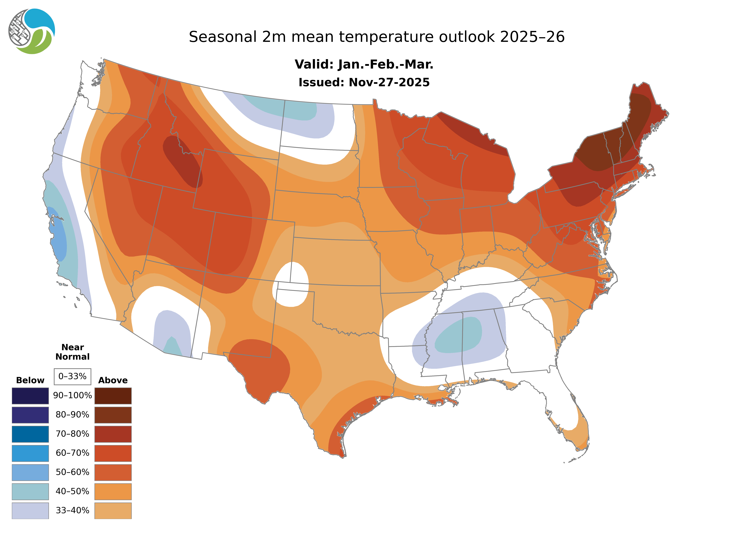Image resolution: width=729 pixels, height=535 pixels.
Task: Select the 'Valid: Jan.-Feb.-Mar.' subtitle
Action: tap(364, 64)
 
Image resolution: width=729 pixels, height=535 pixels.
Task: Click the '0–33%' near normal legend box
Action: tap(72, 376)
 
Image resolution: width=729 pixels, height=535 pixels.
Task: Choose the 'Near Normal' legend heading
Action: tap(72, 352)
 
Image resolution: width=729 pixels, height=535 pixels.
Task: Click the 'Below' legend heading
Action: tap(30, 380)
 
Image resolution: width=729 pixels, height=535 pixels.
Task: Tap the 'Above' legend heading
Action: tap(113, 380)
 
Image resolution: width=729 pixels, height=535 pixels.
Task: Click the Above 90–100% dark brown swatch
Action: tap(113, 396)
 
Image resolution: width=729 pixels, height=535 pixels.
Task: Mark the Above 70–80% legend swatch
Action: tap(113, 434)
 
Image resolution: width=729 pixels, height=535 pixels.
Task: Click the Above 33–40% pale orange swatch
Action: tap(113, 510)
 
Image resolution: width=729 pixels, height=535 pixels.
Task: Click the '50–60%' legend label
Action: tap(72, 472)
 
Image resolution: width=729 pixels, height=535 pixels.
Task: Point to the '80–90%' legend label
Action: tap(72, 415)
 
